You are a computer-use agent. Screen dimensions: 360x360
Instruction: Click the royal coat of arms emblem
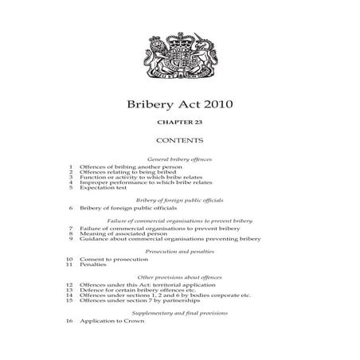point(179,57)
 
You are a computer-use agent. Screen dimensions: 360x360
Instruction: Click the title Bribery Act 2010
point(179,105)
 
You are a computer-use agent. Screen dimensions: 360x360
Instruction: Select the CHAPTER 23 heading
point(179,126)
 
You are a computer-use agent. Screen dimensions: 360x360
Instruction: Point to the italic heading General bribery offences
point(179,160)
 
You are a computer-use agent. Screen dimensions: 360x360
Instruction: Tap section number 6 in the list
point(71,208)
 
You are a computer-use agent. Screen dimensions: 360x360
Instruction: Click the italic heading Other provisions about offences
point(179,276)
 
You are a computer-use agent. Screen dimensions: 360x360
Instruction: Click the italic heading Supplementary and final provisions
point(179,313)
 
